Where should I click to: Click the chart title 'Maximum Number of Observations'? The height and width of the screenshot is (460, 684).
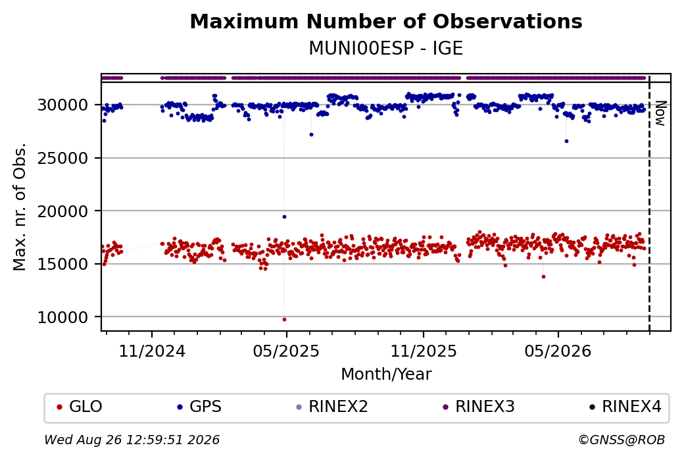click(386, 21)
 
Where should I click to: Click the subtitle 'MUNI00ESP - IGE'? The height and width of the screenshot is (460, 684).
click(386, 49)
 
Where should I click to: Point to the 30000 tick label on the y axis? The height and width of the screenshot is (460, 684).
click(63, 105)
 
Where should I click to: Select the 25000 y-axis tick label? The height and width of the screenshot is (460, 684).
click(63, 158)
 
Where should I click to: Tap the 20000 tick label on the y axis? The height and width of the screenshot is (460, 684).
click(63, 211)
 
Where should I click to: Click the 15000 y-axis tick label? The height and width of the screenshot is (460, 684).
click(63, 264)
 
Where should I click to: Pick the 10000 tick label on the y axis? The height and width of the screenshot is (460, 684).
click(63, 317)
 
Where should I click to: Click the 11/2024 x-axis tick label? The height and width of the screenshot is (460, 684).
click(152, 351)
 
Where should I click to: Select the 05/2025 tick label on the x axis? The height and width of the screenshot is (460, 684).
click(286, 351)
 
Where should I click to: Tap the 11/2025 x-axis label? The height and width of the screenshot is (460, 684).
click(423, 351)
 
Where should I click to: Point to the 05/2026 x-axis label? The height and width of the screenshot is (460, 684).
click(558, 351)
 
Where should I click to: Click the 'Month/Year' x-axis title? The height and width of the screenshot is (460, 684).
click(386, 374)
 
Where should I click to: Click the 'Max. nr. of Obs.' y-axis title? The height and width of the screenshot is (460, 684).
click(20, 207)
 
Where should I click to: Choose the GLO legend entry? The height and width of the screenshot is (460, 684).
click(80, 407)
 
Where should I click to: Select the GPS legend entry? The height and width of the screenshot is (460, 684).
click(199, 407)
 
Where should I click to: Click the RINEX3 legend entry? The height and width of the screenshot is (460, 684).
click(479, 407)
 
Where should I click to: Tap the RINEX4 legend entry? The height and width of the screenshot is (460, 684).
click(625, 407)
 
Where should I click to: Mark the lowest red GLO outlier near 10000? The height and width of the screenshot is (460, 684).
click(284, 319)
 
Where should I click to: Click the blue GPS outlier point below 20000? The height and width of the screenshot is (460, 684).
click(284, 217)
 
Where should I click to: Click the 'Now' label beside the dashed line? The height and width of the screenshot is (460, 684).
click(662, 113)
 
